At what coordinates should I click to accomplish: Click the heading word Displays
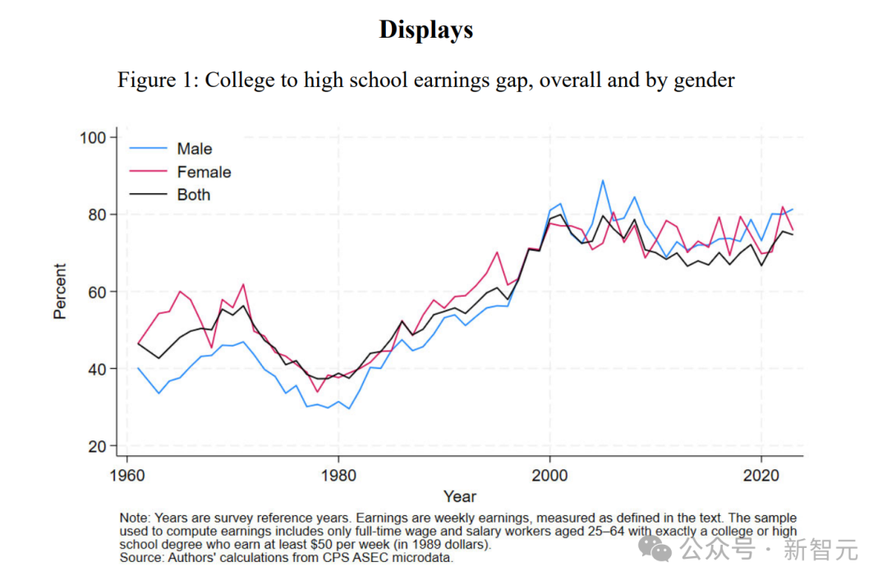tap(425, 30)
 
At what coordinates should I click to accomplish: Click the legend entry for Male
tap(194, 149)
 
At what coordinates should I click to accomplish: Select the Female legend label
tap(204, 172)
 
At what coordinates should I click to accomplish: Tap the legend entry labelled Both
tap(194, 195)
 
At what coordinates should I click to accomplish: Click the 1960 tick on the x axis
tap(126, 474)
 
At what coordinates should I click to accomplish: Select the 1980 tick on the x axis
tap(338, 474)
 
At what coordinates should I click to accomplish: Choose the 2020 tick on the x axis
tap(761, 474)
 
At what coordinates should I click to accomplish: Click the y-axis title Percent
tap(60, 292)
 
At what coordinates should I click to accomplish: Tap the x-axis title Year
tap(460, 496)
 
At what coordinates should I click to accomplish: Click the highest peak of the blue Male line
tap(603, 181)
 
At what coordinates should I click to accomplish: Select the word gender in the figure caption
tap(704, 80)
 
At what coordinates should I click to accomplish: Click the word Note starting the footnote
tap(134, 518)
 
